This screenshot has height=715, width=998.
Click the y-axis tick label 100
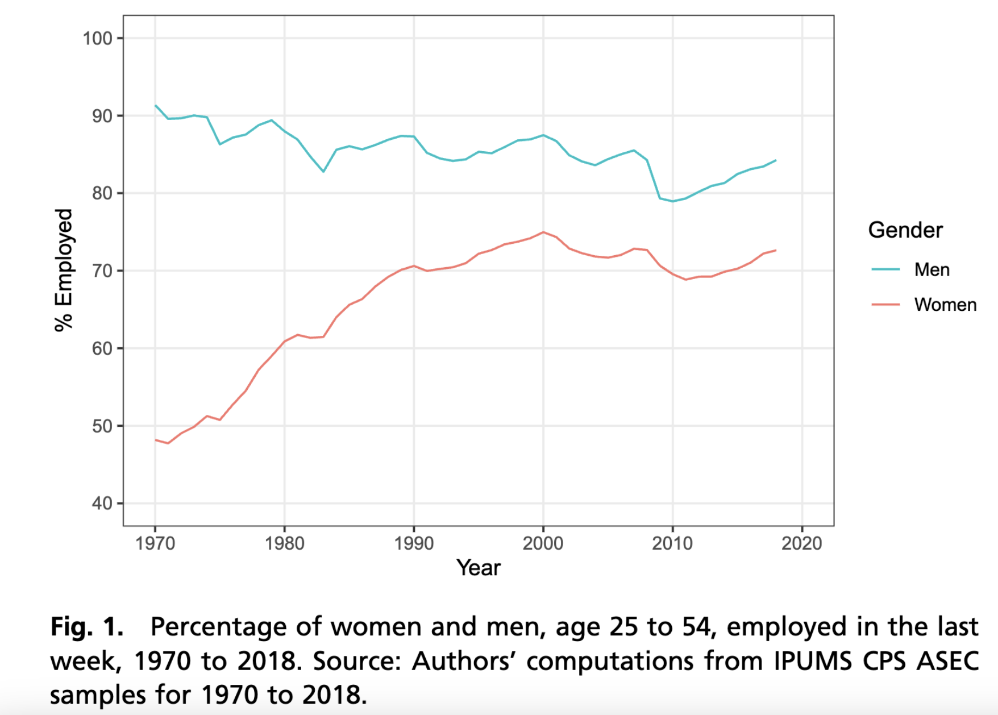point(98,39)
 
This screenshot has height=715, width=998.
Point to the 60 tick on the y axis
point(102,348)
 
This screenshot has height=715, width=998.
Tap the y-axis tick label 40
point(102,504)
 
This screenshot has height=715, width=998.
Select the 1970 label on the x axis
point(155,544)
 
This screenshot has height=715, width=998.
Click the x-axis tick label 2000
point(543,544)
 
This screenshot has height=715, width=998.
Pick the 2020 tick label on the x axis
point(801,544)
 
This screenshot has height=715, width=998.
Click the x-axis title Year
point(479,568)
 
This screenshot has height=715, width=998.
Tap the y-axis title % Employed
point(64,270)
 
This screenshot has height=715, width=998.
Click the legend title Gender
point(905,230)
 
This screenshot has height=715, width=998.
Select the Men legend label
point(932,269)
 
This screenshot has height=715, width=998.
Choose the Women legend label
point(945,305)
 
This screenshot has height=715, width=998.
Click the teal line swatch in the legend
point(885,269)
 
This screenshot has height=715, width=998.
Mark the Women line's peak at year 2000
point(543,232)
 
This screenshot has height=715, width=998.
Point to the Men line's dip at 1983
point(323,171)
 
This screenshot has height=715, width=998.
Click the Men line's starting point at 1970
point(156,106)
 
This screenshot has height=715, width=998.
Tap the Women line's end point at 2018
point(775,250)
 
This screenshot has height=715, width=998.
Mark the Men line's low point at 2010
point(672,201)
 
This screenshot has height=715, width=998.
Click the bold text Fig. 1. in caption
point(87,627)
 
